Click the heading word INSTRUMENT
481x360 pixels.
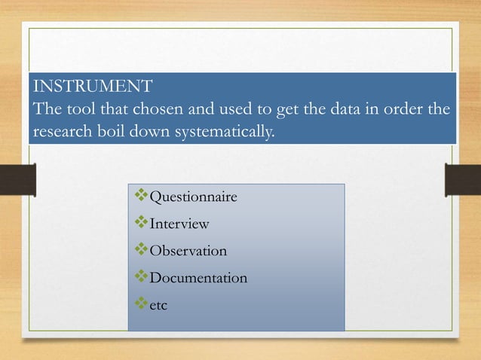(91, 84)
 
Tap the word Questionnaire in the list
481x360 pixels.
(194, 197)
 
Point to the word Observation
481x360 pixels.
(188, 251)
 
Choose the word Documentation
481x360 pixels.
(198, 278)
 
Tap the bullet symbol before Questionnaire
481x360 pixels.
(141, 197)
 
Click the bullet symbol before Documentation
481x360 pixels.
(141, 278)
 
